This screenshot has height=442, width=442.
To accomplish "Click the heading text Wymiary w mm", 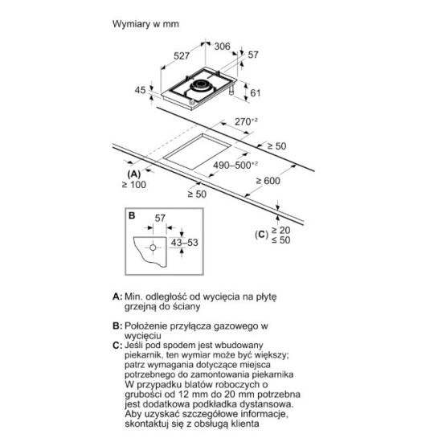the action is pos(145,24).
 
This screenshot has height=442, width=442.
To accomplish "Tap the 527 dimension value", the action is pos(182,55).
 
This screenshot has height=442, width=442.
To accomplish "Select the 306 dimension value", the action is pos(222,47).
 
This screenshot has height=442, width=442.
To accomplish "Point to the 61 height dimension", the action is pos(255,92).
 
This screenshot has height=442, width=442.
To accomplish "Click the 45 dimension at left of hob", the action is pos(140,90).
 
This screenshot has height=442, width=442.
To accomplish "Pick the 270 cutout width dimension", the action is pos(246,121).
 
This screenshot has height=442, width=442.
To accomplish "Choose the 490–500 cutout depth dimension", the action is pos(235,165).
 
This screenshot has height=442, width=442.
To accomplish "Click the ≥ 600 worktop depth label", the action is pos(268,181).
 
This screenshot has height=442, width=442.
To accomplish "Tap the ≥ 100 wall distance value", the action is pos(134,185).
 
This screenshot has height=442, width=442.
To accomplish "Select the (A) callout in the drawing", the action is pos(134,174).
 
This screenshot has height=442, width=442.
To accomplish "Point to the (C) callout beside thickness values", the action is pos(261,235).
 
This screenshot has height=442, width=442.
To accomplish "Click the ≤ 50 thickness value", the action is pos(280,240).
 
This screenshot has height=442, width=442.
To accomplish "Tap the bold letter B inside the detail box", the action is pos(132,215).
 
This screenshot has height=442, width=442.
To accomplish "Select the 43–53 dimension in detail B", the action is pos(185,243).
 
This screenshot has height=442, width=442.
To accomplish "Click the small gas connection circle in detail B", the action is pos(153,248).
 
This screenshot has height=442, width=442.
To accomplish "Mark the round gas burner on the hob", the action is pos(201,85).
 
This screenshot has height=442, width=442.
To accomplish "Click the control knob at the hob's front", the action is pos(192,103).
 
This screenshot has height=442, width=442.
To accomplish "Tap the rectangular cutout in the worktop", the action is pos(198,151).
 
